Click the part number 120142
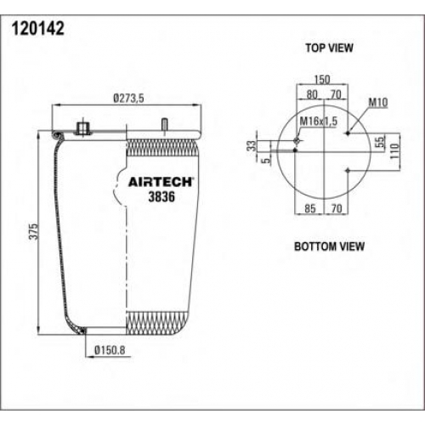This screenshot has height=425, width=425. pos(38,29)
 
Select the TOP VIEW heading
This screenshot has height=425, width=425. pos(329,48)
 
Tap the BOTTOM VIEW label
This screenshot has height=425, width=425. pos(329,246)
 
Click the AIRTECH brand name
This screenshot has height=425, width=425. pos(161,182)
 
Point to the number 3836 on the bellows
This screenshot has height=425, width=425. pos(161,196)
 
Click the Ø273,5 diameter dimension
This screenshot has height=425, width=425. pos(128,99)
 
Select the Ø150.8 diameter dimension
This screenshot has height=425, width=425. pos(110,350)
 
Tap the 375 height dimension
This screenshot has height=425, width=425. pos(33,231)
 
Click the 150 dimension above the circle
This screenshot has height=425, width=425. pos(322,79)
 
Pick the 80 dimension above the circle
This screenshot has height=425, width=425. pos(312,94)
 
